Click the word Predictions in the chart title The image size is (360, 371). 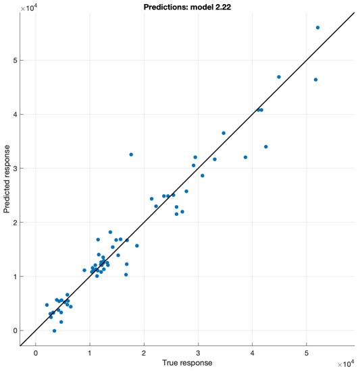[x=165, y=5]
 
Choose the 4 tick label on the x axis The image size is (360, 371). [x=253, y=353]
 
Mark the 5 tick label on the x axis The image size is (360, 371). [x=307, y=353]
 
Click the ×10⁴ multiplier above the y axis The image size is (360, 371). [x=28, y=7]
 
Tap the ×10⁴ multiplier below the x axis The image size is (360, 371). [x=344, y=362]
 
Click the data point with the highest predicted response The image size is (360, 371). [x=317, y=28]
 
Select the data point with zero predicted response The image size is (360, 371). [x=54, y=331]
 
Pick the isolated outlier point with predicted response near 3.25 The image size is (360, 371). [x=131, y=154]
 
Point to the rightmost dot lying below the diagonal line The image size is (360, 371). [x=315, y=80]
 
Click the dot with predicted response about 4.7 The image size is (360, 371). [x=279, y=77]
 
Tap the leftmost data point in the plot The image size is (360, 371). [x=47, y=305]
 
